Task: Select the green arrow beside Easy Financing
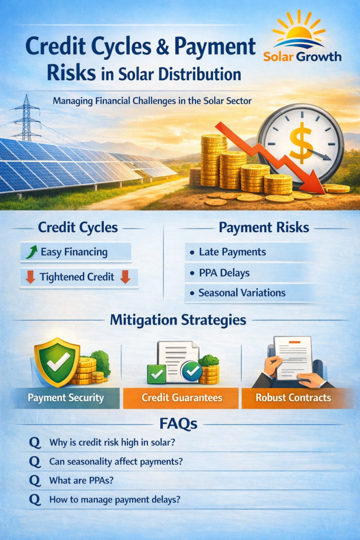click(x=32, y=252)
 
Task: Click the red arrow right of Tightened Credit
click(x=125, y=277)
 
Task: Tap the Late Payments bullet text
click(x=232, y=252)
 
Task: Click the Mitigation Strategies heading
click(x=178, y=320)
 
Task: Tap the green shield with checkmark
click(x=57, y=362)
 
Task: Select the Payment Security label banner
click(x=66, y=398)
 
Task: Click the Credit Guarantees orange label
click(x=181, y=398)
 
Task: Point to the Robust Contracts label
click(x=294, y=398)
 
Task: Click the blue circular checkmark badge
click(x=192, y=371)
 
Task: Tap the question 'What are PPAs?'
click(x=81, y=480)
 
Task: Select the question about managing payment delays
click(x=114, y=500)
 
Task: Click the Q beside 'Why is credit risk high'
click(x=35, y=442)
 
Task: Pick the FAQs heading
click(x=178, y=423)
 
